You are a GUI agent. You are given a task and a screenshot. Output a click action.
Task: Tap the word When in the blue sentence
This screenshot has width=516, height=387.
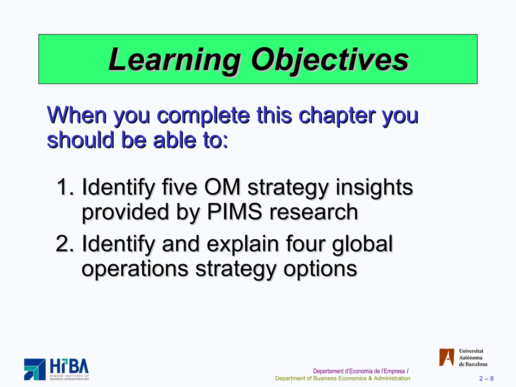(x=77, y=115)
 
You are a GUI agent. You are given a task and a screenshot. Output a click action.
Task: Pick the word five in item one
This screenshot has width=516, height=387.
(x=179, y=187)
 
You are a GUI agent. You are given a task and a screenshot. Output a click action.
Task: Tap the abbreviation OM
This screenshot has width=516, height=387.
(x=222, y=187)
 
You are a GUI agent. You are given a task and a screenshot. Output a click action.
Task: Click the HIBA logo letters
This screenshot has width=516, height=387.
(x=69, y=367)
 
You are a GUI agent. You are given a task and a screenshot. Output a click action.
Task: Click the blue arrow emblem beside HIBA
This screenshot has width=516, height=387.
(x=35, y=369)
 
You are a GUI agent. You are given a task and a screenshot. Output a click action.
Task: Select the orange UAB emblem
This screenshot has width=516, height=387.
(x=446, y=357)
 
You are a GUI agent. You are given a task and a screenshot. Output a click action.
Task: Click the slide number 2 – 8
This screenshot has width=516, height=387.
(x=486, y=378)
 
